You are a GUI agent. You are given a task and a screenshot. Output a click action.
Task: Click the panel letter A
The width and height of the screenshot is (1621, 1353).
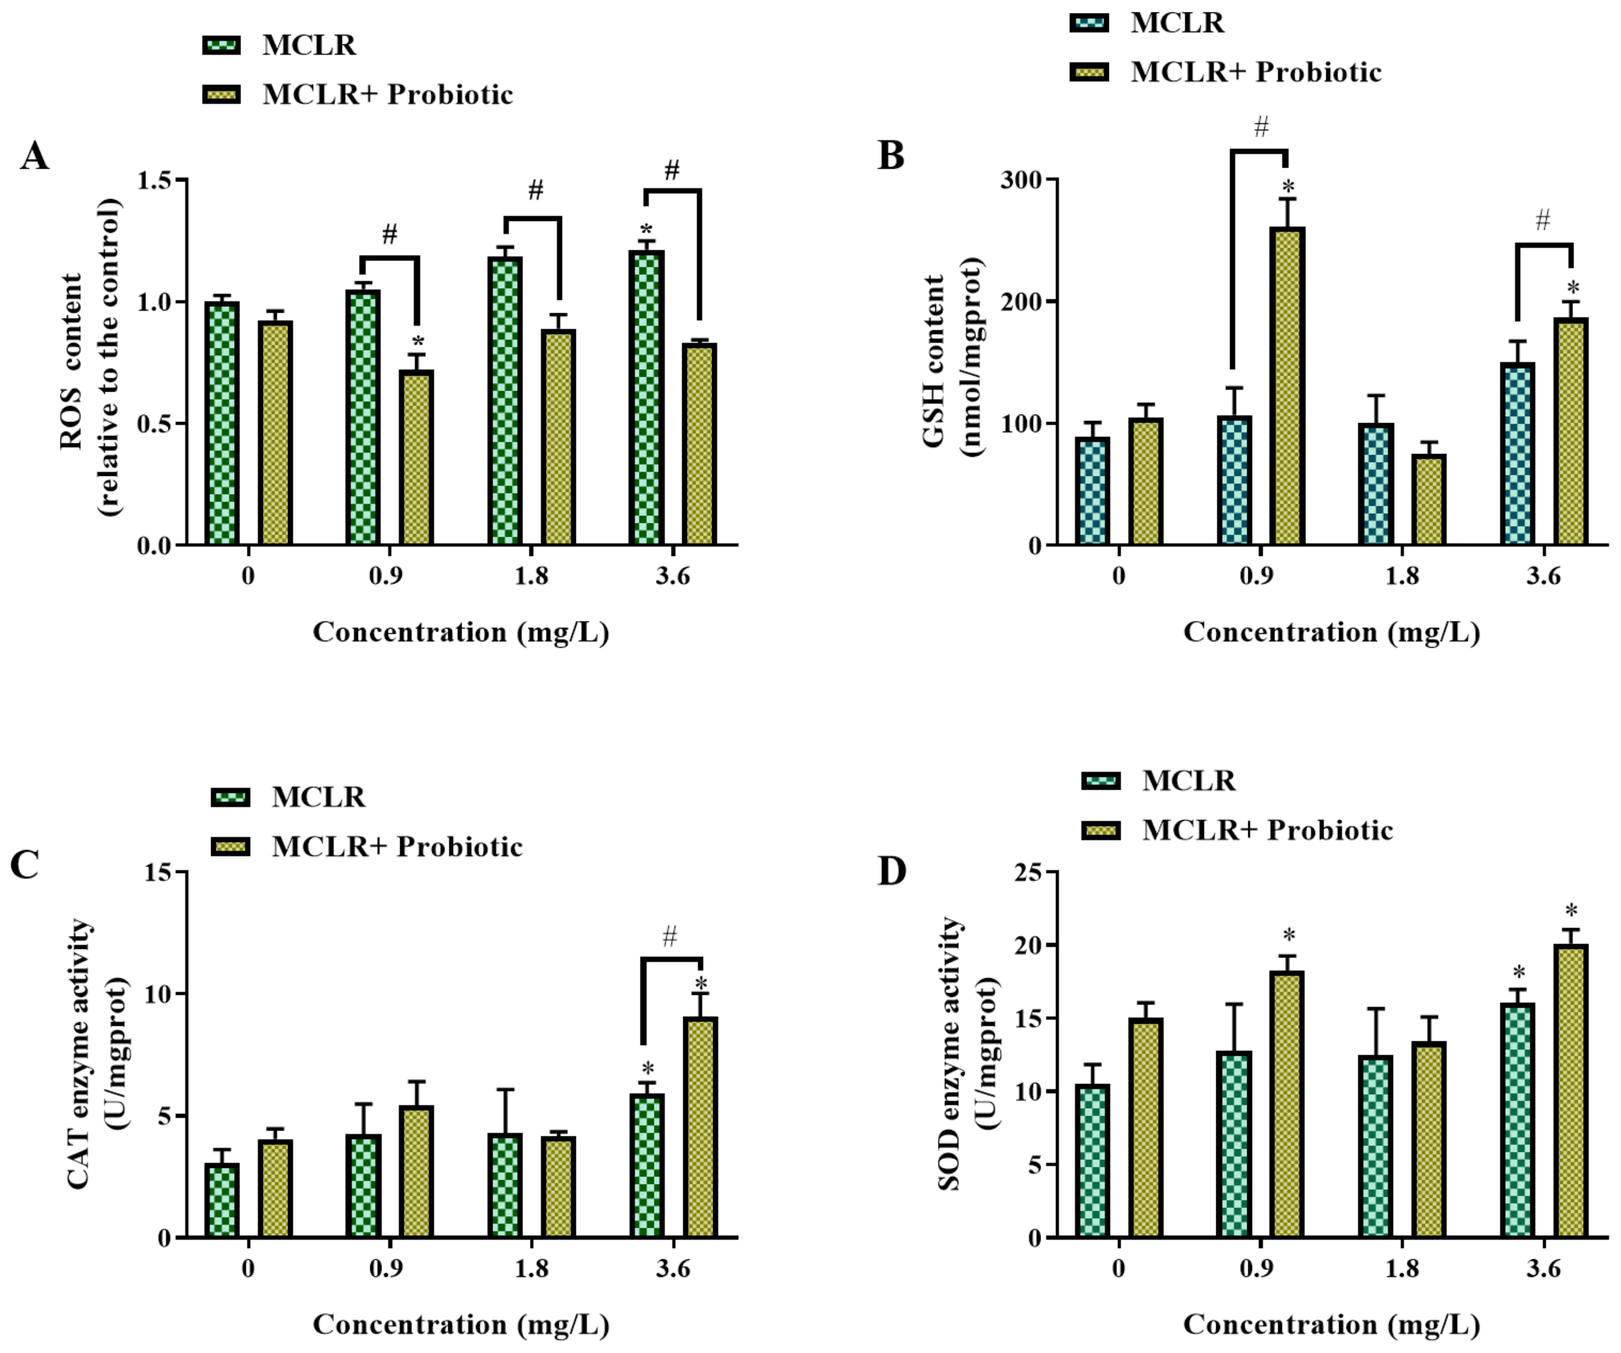tap(34, 157)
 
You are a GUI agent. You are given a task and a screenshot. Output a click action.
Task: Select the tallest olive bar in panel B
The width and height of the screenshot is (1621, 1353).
tap(1287, 386)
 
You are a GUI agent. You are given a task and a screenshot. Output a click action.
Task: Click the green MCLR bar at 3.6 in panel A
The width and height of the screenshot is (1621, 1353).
tap(646, 398)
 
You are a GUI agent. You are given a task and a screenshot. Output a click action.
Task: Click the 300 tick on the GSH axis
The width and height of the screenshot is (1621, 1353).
tap(1020, 180)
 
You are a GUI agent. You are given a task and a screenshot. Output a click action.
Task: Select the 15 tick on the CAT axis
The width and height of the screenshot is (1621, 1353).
tap(158, 872)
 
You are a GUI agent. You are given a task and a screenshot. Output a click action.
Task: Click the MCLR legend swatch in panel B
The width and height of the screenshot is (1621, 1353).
tap(1089, 23)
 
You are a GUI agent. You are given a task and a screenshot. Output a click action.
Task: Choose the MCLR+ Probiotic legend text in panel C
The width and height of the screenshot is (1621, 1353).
tap(397, 847)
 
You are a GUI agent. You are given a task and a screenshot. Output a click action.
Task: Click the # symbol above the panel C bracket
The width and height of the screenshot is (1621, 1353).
tap(669, 937)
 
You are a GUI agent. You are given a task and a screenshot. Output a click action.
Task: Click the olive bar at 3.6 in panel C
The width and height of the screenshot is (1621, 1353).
tap(700, 1127)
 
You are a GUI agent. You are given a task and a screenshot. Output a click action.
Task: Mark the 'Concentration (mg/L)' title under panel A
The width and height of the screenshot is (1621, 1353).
tap(461, 632)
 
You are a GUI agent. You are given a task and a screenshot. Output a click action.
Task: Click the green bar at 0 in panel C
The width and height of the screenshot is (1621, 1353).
tap(222, 1200)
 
